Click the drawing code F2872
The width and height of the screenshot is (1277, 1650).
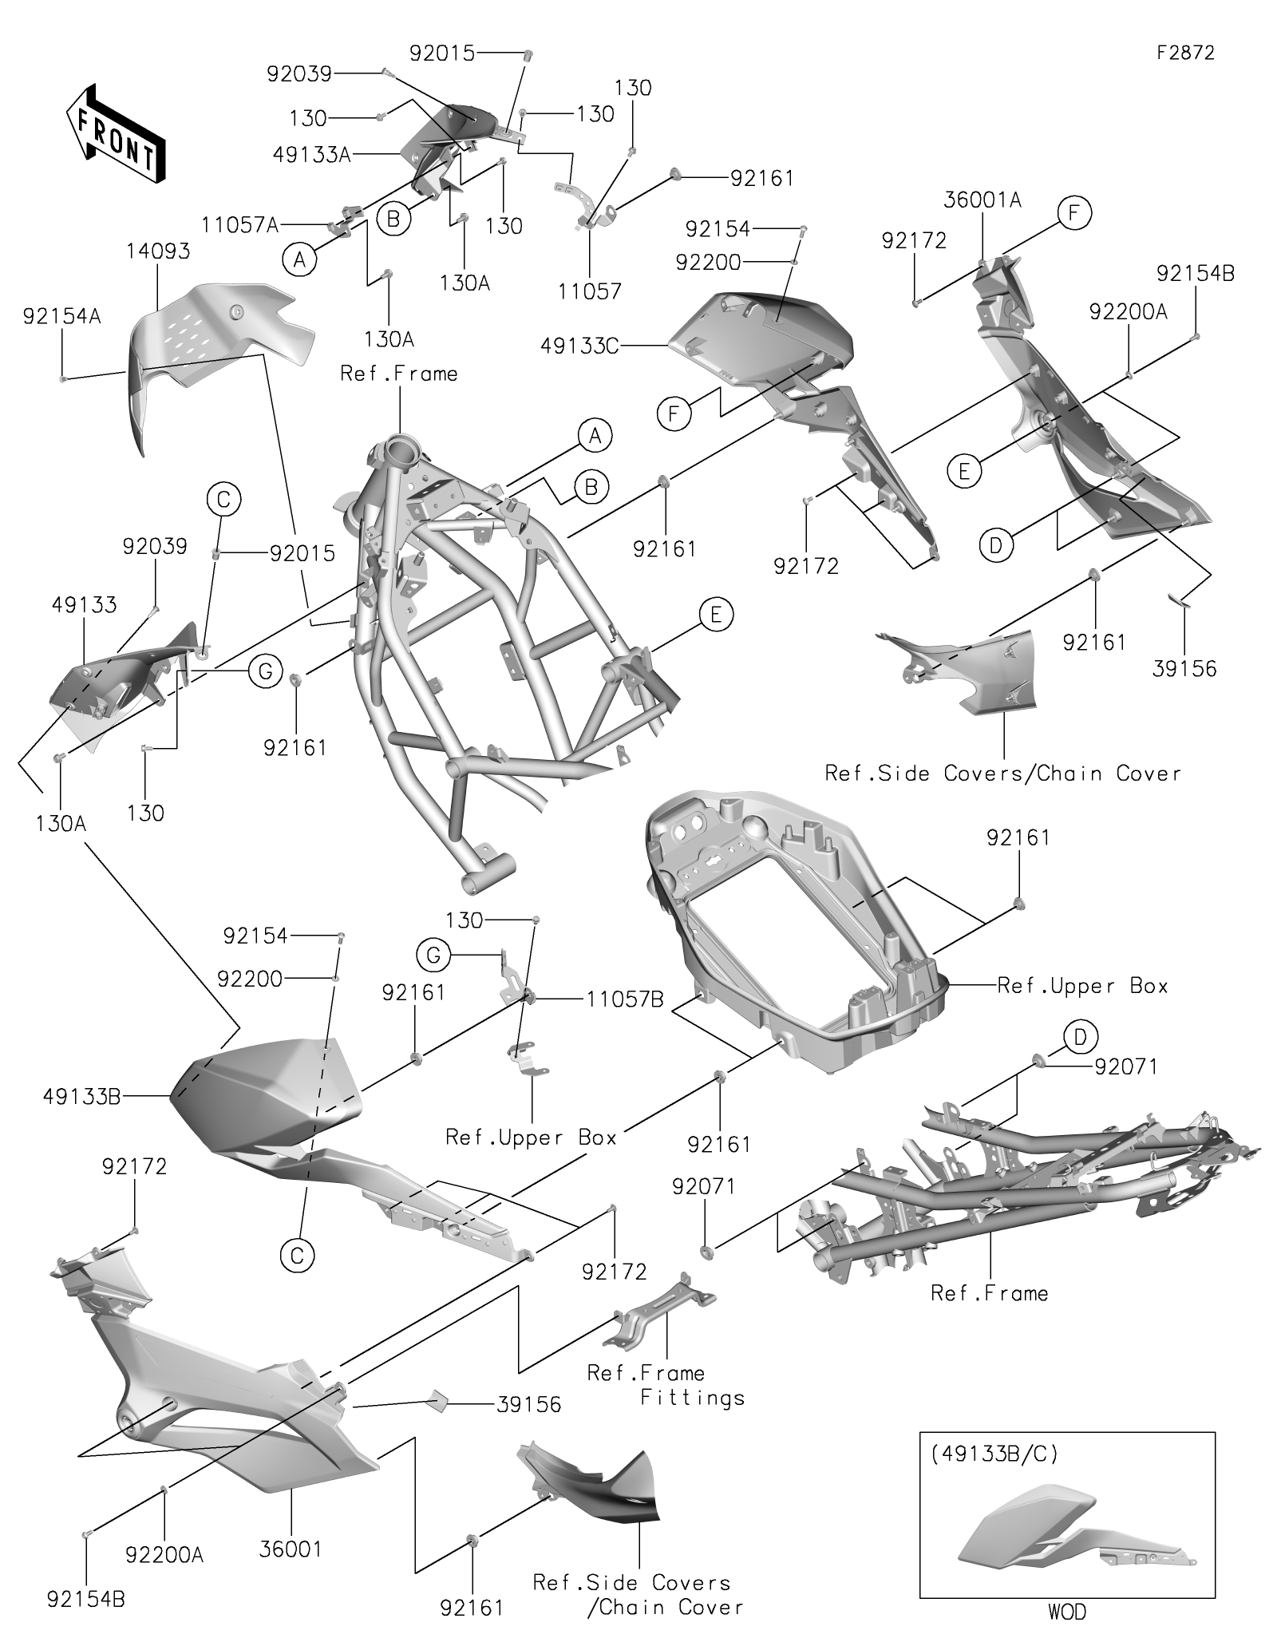pos(1186,53)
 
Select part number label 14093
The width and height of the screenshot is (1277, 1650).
pos(157,251)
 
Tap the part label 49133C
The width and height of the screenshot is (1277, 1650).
pos(579,346)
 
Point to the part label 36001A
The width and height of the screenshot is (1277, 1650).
pos(982,200)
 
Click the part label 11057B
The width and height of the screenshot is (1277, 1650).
pos(625,999)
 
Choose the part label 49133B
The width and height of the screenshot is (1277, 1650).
pos(82,1097)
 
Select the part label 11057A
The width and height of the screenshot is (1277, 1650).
pos(239,225)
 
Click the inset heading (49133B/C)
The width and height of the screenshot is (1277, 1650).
pos(994,1454)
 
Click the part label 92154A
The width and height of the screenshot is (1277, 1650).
pos(62,317)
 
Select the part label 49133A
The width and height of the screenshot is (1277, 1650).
pos(312,154)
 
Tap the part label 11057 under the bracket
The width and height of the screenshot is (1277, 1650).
pos(589,291)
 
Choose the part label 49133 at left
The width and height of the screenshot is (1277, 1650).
pos(84,605)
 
